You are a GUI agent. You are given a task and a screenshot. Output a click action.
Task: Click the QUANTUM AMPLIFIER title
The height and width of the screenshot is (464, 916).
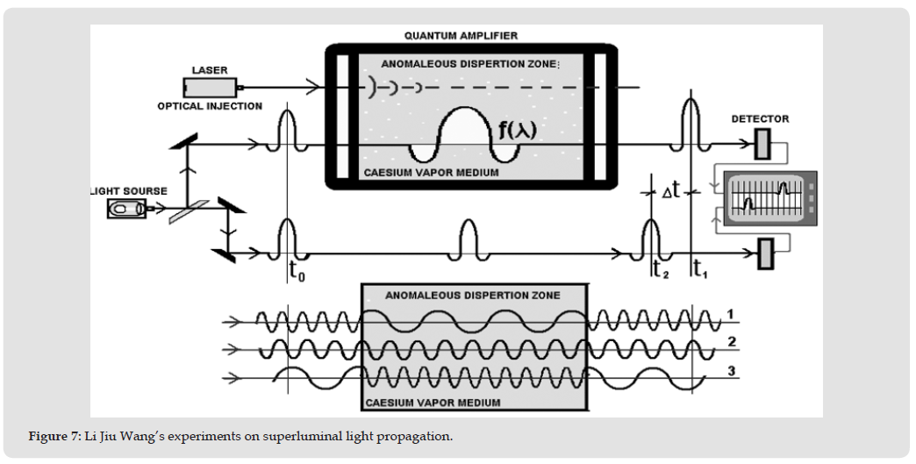click(x=461, y=36)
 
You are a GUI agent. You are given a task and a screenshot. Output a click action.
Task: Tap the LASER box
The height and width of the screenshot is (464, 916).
click(x=210, y=88)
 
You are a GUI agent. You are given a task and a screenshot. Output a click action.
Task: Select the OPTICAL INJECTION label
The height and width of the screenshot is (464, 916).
click(x=210, y=106)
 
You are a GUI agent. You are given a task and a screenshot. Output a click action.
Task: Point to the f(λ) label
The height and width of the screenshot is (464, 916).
click(x=517, y=130)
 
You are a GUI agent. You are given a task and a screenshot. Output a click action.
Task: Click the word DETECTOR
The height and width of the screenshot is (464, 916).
click(x=760, y=119)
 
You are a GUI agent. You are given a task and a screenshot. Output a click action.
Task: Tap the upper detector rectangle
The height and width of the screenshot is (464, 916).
click(x=762, y=144)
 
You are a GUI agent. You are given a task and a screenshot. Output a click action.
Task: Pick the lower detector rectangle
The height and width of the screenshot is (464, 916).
click(x=765, y=253)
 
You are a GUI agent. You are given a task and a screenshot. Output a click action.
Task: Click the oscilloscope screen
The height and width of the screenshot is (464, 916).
click(x=765, y=198)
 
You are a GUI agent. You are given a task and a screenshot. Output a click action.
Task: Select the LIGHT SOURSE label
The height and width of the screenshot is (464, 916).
click(x=129, y=191)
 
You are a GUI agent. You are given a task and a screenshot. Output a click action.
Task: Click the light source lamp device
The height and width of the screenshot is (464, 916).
click(x=126, y=209)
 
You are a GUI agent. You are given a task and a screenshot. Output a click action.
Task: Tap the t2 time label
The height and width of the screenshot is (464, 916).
click(x=661, y=269)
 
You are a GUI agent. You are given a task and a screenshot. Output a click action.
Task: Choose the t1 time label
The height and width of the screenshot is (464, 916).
click(x=700, y=269)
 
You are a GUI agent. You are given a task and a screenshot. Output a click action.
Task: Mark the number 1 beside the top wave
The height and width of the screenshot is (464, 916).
click(x=730, y=315)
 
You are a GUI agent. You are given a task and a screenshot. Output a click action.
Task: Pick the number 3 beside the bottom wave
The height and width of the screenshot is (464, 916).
click(x=731, y=372)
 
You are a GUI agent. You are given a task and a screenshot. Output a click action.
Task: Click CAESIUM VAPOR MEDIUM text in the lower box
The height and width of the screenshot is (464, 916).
click(x=433, y=403)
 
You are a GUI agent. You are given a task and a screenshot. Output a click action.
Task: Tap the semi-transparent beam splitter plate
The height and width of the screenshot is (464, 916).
click(x=189, y=212)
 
